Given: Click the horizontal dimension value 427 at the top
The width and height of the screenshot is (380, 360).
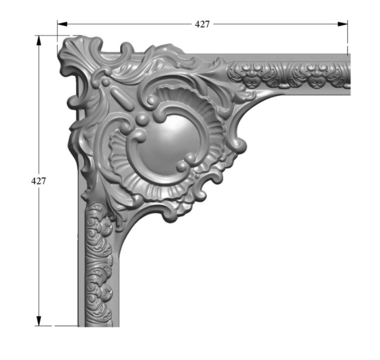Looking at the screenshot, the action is coord(202,24).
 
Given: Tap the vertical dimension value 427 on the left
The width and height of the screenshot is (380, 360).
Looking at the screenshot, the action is coord(38,181).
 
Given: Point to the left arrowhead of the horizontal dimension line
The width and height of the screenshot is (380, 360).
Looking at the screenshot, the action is coord(62,24).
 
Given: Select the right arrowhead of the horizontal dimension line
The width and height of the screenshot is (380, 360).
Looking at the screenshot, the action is coord(342,24).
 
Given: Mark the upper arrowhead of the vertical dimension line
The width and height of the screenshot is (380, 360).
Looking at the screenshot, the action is coord(39,41).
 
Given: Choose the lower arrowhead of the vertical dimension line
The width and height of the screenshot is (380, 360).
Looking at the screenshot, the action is coord(39,321).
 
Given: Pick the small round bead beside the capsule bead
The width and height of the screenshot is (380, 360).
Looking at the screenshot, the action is coord(106,82).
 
